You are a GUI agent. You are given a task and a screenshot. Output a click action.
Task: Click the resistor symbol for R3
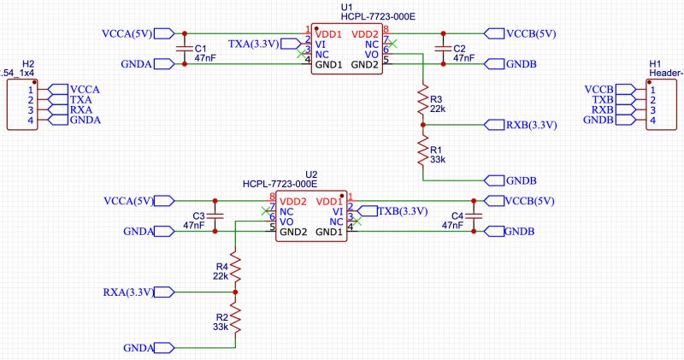click(x=422, y=102)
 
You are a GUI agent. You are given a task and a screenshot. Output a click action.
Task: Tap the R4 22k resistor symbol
click(x=235, y=271)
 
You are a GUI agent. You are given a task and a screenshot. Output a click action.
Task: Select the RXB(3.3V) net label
click(x=531, y=125)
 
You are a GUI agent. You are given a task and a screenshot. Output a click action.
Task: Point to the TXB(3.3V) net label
click(x=402, y=211)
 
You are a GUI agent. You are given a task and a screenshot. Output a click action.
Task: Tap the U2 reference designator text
click(x=311, y=173)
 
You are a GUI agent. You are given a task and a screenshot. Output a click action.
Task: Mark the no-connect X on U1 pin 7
click(x=392, y=42)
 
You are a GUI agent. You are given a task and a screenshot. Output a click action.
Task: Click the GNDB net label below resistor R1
click(x=520, y=181)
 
